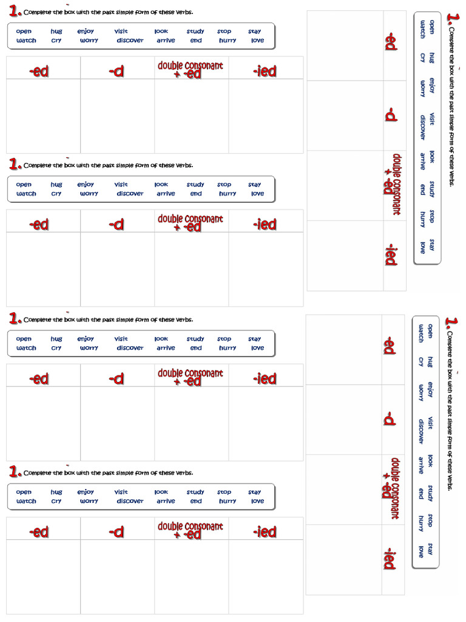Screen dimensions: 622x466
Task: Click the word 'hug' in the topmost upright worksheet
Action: [x=56, y=32]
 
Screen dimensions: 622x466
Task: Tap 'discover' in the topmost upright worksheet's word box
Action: [x=130, y=41]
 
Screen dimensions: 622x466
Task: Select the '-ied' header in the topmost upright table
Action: [x=265, y=71]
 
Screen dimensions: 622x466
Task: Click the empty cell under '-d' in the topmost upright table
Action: [x=117, y=115]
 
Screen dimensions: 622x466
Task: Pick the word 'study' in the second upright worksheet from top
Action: [x=195, y=185]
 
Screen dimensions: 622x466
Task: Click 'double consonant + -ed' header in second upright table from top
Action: [x=191, y=223]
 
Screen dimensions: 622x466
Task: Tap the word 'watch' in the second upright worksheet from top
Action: [x=26, y=194]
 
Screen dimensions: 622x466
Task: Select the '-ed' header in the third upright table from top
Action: [x=39, y=379]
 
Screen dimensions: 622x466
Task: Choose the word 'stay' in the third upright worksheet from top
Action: [x=254, y=339]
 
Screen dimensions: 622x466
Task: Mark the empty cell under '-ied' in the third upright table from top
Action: [x=265, y=423]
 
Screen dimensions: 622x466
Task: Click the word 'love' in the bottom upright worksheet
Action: [x=258, y=501]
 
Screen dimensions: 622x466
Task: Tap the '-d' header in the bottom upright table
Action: [x=117, y=532]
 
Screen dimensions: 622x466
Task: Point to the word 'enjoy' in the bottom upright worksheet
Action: [x=86, y=492]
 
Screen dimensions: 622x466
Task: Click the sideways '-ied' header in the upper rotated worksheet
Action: [x=391, y=255]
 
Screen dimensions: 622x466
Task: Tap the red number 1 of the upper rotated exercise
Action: [x=452, y=19]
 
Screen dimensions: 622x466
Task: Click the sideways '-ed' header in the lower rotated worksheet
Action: [x=390, y=346]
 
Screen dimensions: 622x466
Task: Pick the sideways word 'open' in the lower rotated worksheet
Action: [x=430, y=331]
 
